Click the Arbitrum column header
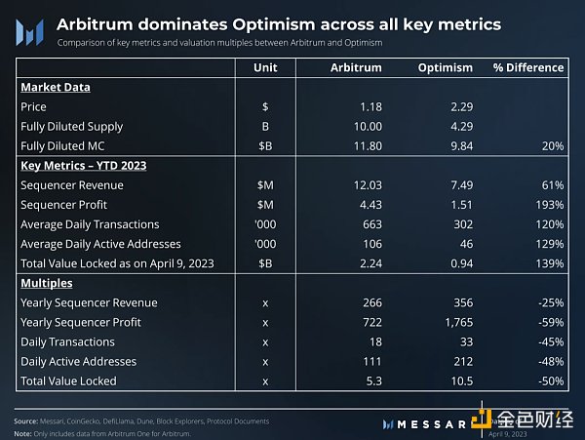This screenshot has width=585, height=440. pos(357,67)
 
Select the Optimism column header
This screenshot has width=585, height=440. pos(445,67)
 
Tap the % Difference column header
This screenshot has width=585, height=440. pos(528,67)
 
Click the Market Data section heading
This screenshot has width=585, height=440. pos(56,87)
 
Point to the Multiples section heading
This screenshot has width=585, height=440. pos(47,283)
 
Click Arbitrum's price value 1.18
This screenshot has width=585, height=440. pos(370,106)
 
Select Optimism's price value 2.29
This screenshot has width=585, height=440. pos(459,106)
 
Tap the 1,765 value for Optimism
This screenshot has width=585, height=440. pos(455,322)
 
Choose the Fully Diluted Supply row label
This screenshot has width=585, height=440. pos(72,126)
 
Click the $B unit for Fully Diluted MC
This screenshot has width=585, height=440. pos(264,145)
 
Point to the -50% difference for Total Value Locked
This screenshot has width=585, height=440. pos(549,380)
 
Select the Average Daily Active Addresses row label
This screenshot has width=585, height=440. pos(101,244)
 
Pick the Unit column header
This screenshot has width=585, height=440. pos(264,67)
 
